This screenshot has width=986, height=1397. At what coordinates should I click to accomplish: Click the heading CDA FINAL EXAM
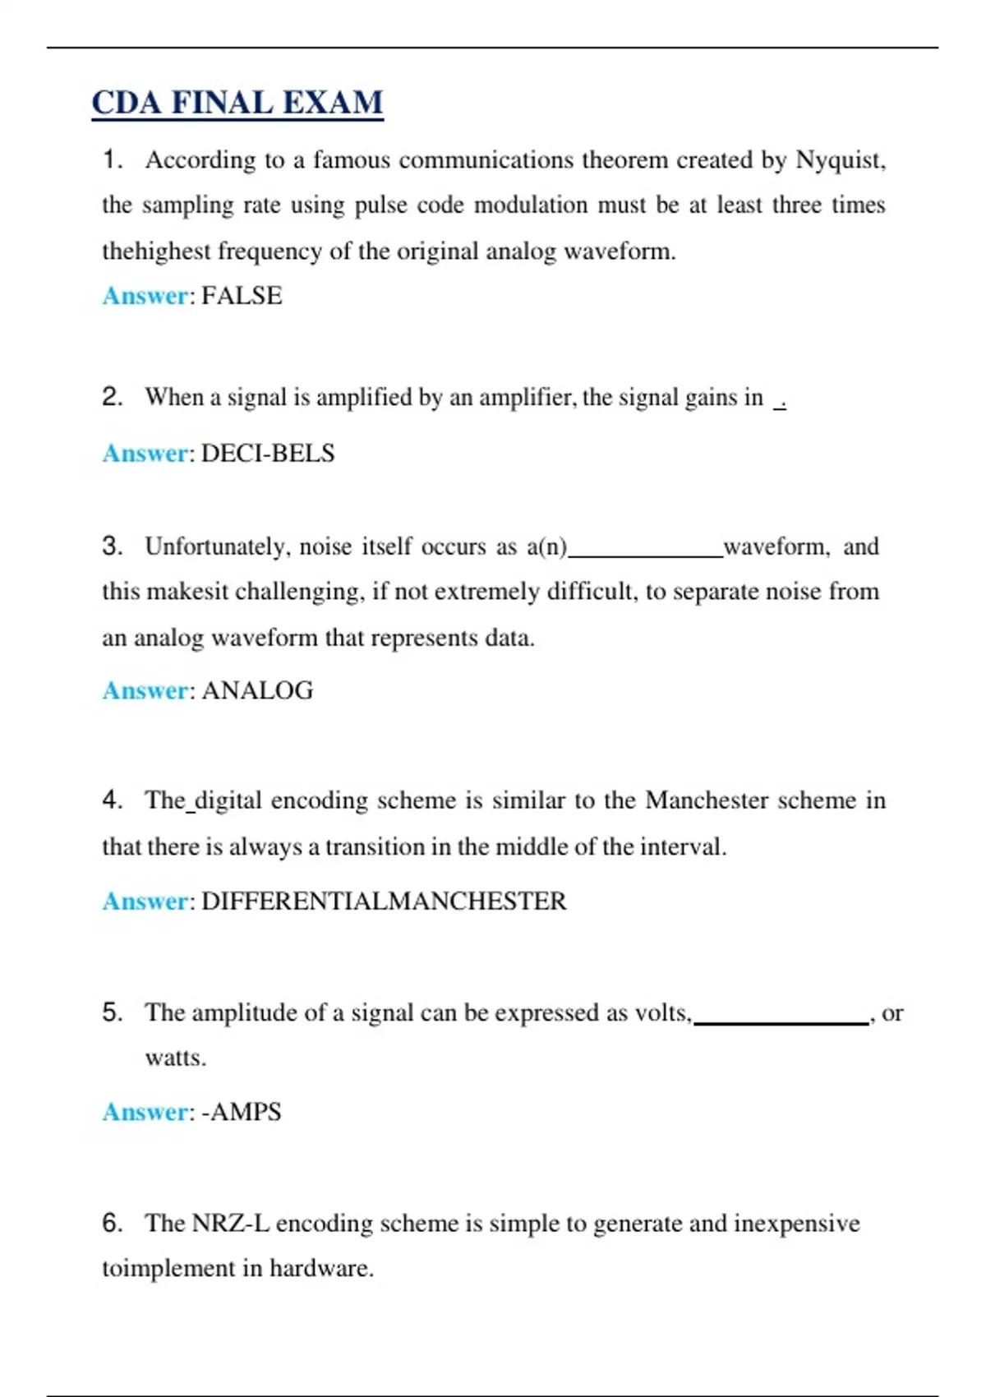[x=237, y=103]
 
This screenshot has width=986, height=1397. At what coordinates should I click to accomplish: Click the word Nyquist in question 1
[x=838, y=159]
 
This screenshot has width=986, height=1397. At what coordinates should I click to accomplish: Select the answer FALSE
[x=242, y=296]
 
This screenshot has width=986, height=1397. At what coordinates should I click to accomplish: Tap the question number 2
[x=112, y=397]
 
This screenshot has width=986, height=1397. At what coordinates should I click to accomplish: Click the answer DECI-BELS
[x=268, y=454]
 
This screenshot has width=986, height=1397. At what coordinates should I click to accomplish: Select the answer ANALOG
[x=257, y=690]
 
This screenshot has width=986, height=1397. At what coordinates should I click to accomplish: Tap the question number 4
[x=112, y=800]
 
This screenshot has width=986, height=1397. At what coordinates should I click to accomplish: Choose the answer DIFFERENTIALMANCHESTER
[x=384, y=901]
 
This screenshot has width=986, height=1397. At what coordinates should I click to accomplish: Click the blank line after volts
[x=781, y=1021]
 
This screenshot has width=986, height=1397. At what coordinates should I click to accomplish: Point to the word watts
[x=175, y=1058]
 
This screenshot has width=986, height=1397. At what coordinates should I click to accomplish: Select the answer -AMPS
[x=242, y=1112]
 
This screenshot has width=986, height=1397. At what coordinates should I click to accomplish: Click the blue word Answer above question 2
[x=145, y=296]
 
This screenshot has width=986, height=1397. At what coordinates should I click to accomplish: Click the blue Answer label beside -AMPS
[x=145, y=1112]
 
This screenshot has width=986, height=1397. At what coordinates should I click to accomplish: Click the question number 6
[x=112, y=1223]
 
